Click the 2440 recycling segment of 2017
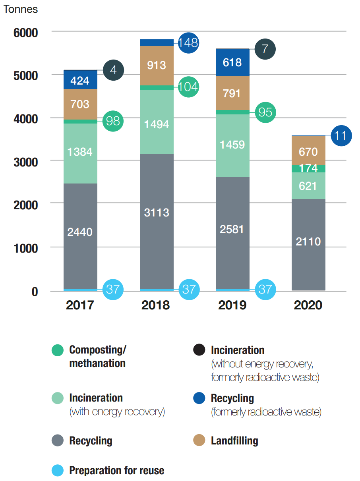pos(80,236)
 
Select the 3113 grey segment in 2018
pos(157,221)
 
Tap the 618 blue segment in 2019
pos(232,62)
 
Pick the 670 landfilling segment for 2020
pos(308,151)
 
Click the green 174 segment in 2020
pos(308,168)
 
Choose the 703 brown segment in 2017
pos(80,104)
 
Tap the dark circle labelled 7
pos(265,49)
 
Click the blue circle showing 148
pos(188,42)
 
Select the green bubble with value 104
pos(188,87)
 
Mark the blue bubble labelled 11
pos(341,136)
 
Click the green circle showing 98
pos(113,121)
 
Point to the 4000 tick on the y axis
pos(25,118)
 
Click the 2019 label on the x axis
pos(232,305)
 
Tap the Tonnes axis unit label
pos(21,9)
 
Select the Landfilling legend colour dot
pos(199,440)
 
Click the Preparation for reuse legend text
pos(116,471)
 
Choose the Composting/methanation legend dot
pos(58,350)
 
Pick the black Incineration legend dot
pos(199,350)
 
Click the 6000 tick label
pos(25,33)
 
